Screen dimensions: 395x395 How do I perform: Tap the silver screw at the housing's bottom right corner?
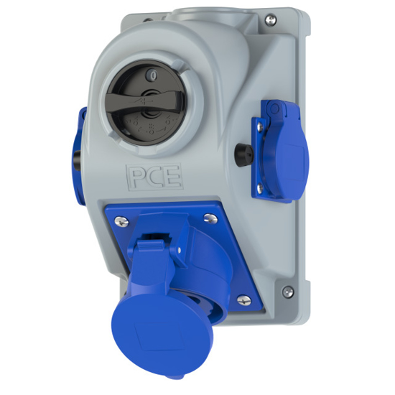(288, 291)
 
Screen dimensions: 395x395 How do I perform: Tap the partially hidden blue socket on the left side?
(78, 147)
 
